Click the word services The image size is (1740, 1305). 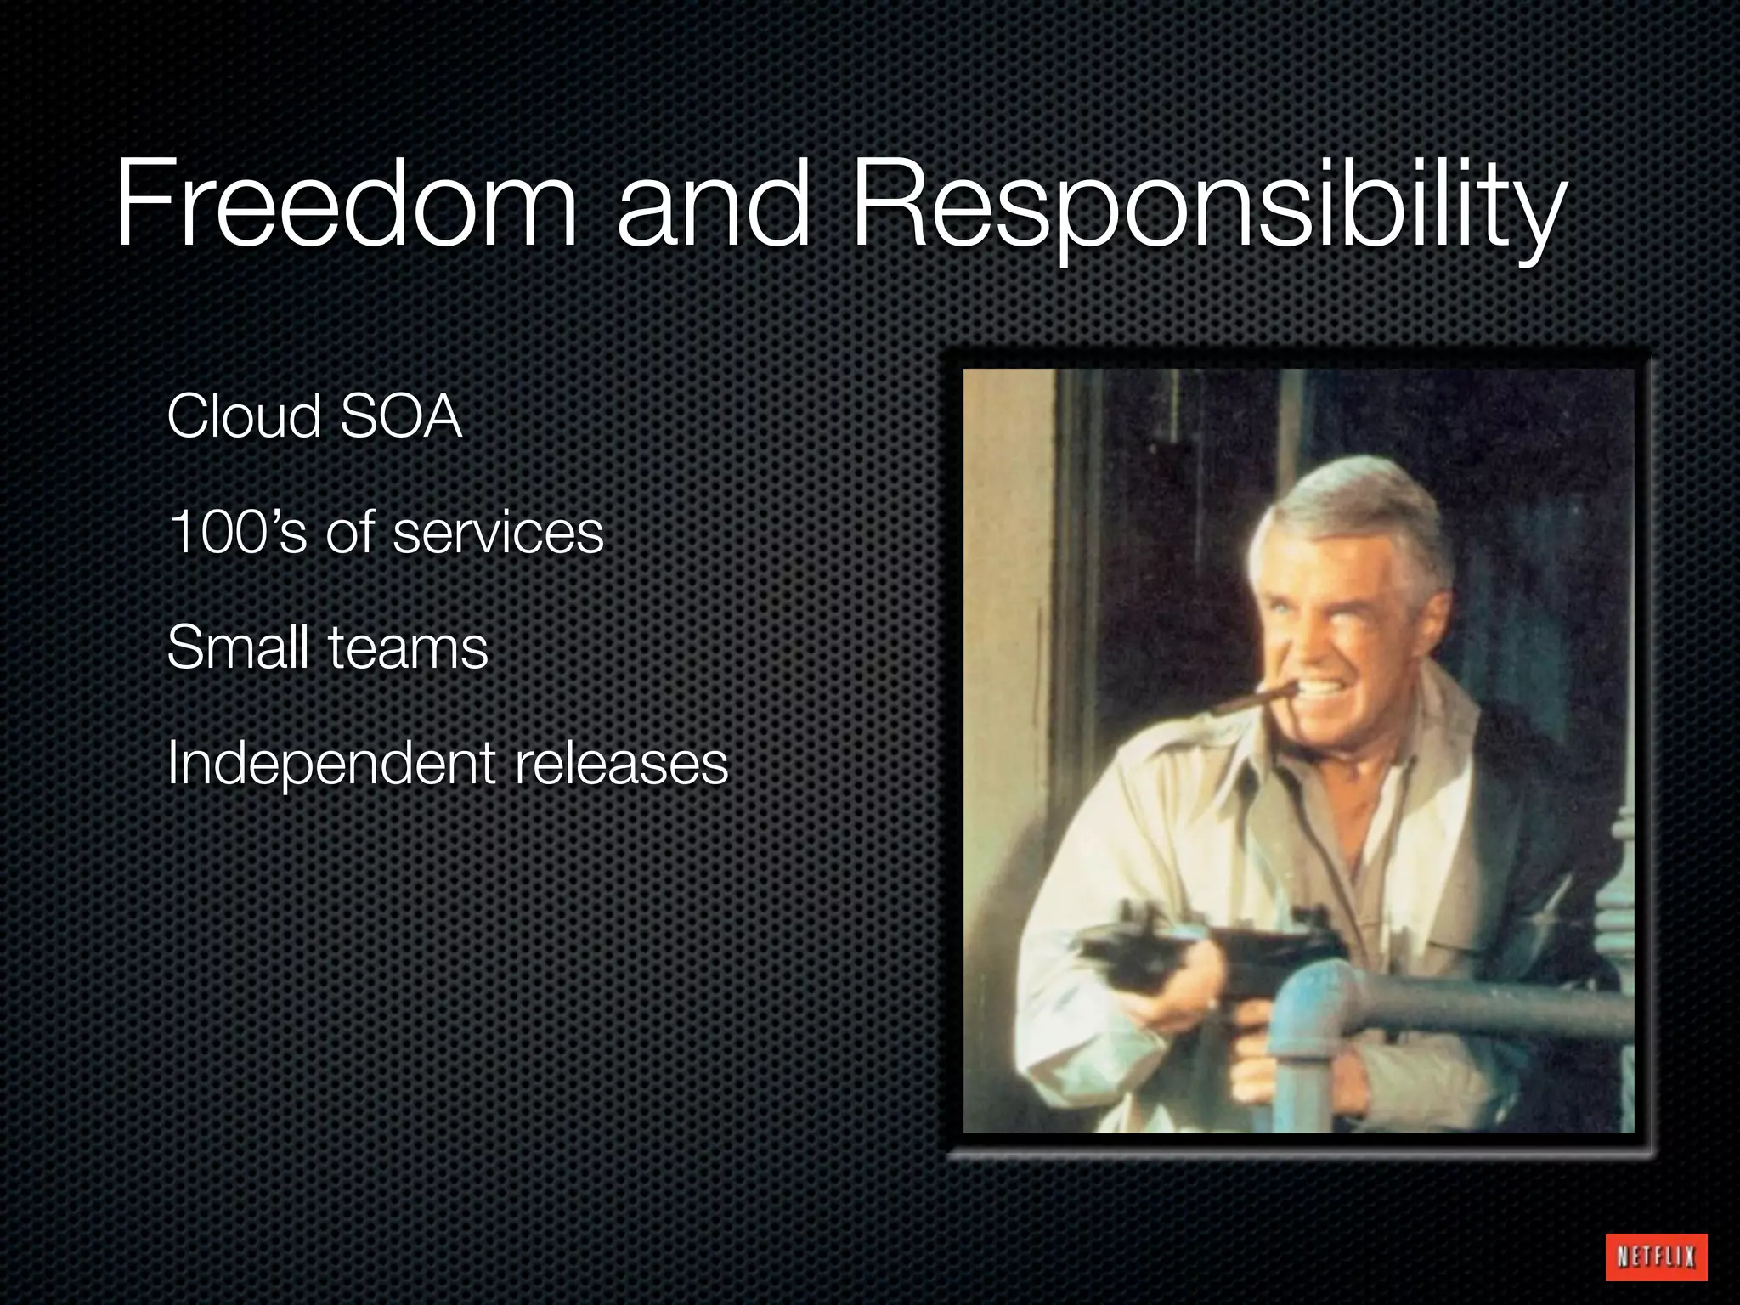pyautogui.click(x=498, y=533)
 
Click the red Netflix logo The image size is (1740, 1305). pyautogui.click(x=1656, y=1256)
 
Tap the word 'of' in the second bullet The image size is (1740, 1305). pyautogui.click(x=350, y=533)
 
